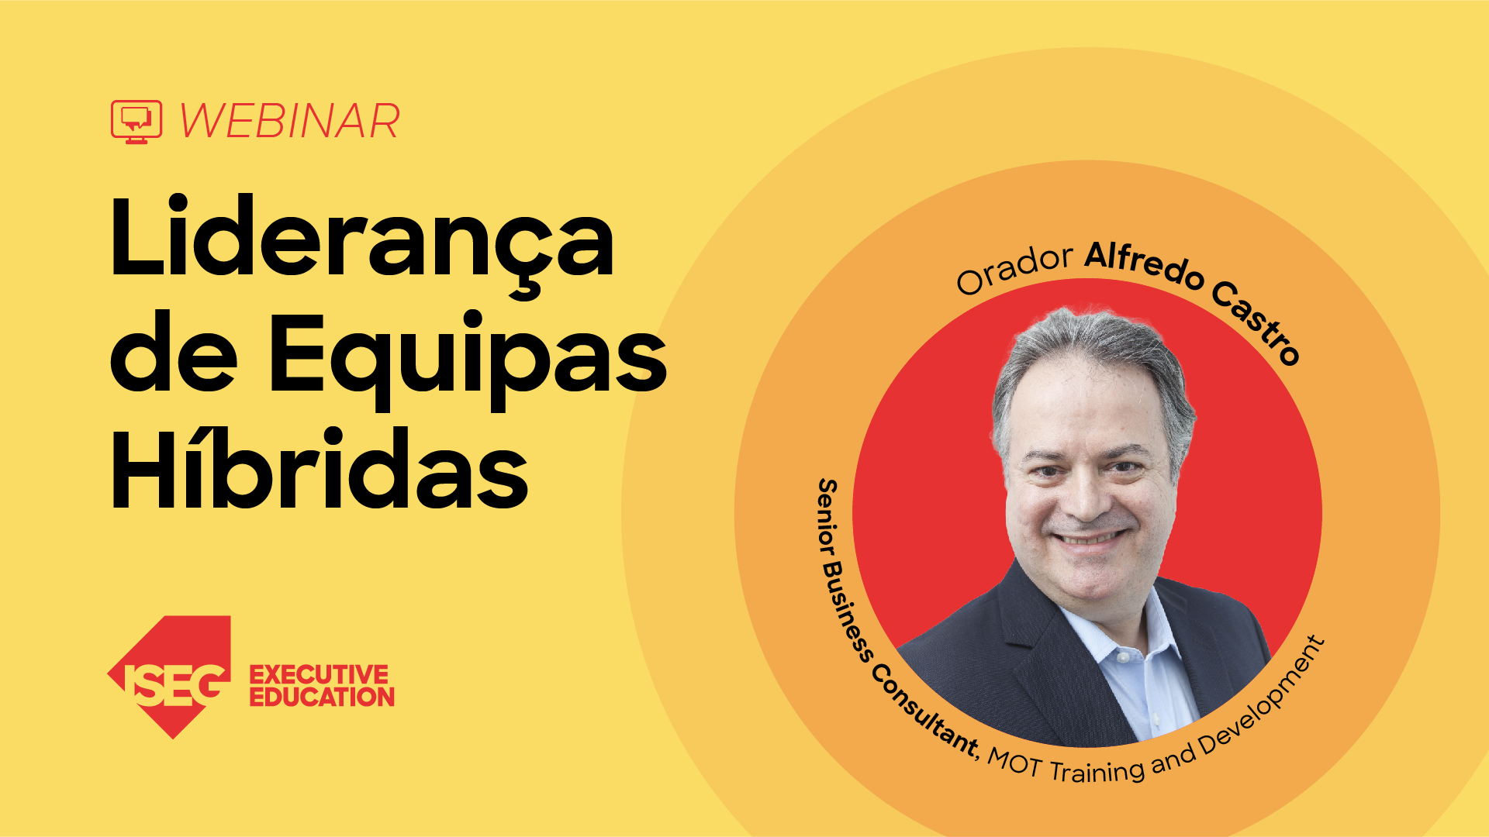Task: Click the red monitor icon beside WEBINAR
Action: [x=136, y=122]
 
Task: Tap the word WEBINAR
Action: [x=289, y=122]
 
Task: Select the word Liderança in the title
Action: [x=362, y=237]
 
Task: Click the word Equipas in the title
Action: [x=468, y=354]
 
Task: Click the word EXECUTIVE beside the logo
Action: [x=319, y=674]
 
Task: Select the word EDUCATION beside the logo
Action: [x=322, y=697]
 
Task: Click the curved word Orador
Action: [x=1014, y=268]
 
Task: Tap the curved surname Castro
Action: [x=1256, y=322]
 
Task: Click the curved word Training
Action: [x=1097, y=770]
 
